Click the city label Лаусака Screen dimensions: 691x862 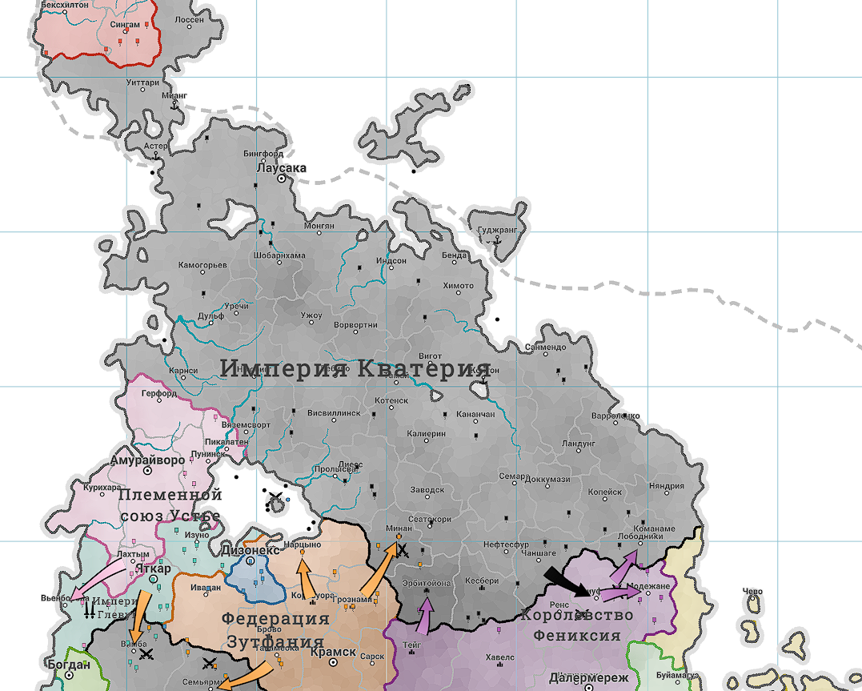(281, 168)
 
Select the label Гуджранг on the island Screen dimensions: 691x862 (497, 230)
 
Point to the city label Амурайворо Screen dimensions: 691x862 (147, 461)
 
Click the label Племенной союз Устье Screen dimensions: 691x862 (170, 505)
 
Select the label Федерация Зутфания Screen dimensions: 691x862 (275, 630)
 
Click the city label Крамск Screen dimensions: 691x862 (331, 653)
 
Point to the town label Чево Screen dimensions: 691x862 (752, 593)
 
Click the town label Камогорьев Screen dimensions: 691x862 (202, 265)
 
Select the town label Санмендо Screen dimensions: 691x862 (545, 348)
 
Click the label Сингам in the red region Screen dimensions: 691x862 (124, 26)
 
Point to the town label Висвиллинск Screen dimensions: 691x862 (334, 414)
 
